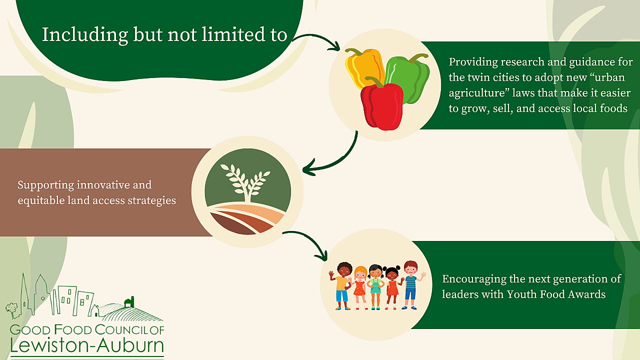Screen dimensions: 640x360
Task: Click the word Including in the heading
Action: [85, 35]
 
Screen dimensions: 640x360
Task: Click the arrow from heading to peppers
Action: [317, 40]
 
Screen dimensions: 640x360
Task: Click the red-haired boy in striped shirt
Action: [411, 285]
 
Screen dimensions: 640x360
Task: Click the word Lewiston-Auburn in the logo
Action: [87, 345]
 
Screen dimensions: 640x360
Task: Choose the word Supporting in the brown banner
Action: [45, 185]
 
